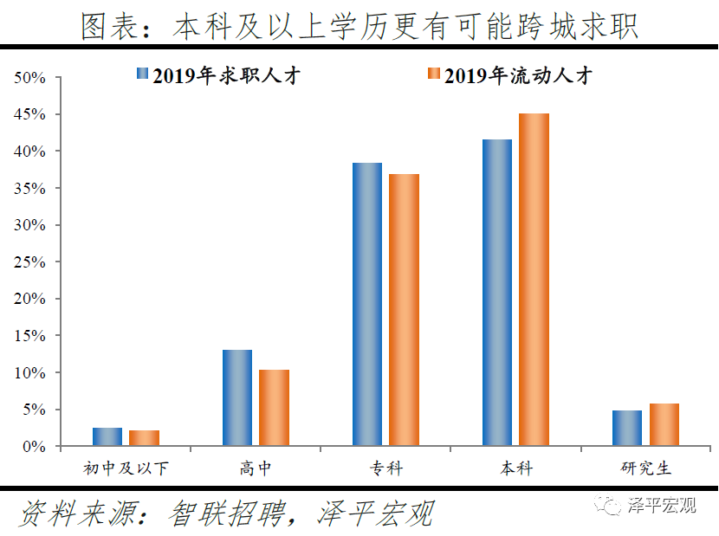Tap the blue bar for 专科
point(367,304)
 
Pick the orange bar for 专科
point(404,310)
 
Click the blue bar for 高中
point(237,397)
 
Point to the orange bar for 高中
point(274,408)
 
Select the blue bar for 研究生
point(627,428)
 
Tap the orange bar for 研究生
point(664,424)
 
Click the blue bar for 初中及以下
point(107,436)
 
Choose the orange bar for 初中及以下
point(144,438)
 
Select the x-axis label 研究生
point(646,468)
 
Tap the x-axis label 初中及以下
point(126,468)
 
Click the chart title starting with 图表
point(359,26)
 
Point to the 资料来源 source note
point(225,513)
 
